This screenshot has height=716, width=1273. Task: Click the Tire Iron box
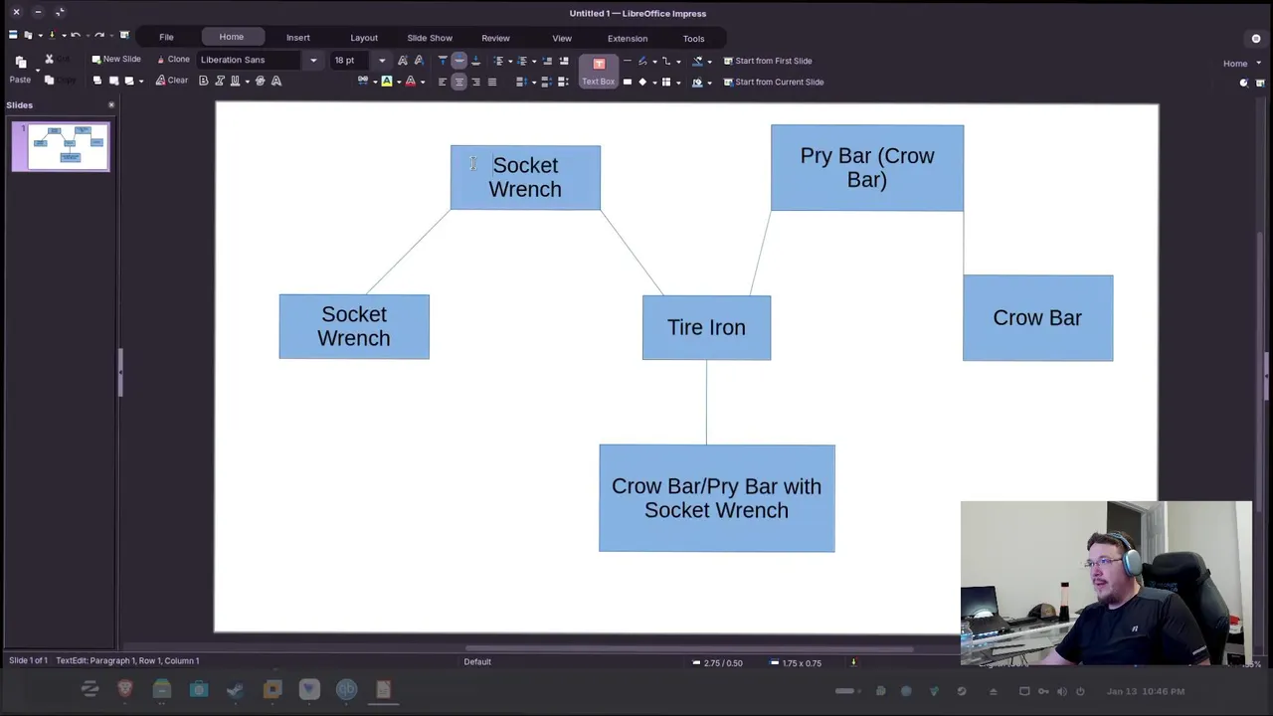(x=706, y=328)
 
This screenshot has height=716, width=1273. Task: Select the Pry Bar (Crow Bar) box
(x=866, y=168)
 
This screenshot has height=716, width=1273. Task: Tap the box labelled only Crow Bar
(x=1037, y=318)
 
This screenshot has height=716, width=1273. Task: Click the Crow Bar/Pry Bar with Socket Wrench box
(x=716, y=498)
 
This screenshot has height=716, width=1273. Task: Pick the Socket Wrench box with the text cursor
(x=525, y=178)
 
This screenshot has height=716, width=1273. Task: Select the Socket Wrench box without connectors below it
(x=354, y=326)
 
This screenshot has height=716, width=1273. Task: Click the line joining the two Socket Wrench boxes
(x=408, y=253)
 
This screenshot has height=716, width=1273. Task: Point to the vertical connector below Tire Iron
(x=706, y=403)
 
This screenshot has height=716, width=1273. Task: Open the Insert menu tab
(x=298, y=38)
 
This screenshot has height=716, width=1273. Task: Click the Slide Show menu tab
(x=430, y=38)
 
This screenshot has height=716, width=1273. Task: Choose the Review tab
(x=495, y=38)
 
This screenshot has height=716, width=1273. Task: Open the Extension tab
(x=628, y=38)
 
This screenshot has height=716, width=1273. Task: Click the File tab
(x=166, y=38)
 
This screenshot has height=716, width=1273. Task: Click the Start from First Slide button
(x=767, y=61)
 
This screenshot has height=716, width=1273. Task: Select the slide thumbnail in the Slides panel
(x=61, y=146)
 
